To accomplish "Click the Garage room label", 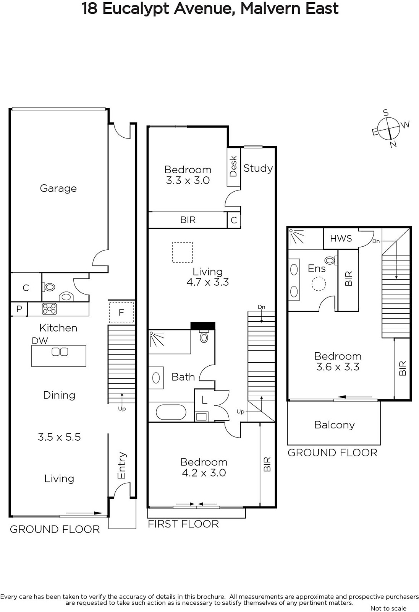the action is pos(58,188).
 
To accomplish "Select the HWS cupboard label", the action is pos(341,239).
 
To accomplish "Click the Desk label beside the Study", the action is pos(233,166).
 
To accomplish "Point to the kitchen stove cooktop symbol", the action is pos(49,309).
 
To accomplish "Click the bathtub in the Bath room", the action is pos(171,412).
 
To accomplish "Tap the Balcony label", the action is pos(334,425).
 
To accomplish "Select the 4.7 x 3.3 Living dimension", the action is pos(208,282).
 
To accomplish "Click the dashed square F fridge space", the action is pos(121,312).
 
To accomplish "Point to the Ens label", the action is pos(316,268).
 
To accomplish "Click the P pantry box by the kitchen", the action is pos(19,309).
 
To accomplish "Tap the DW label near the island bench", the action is pos(40,340).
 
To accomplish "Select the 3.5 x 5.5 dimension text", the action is pos(59,437).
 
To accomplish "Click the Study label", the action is pos(258,168).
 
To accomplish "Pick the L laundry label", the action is pos(204,400).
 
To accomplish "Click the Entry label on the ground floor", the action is pos(122,465).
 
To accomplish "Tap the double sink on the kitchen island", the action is pos(60,352).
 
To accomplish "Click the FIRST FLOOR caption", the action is pos(183,524).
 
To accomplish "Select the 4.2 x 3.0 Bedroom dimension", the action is pos(204,473).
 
